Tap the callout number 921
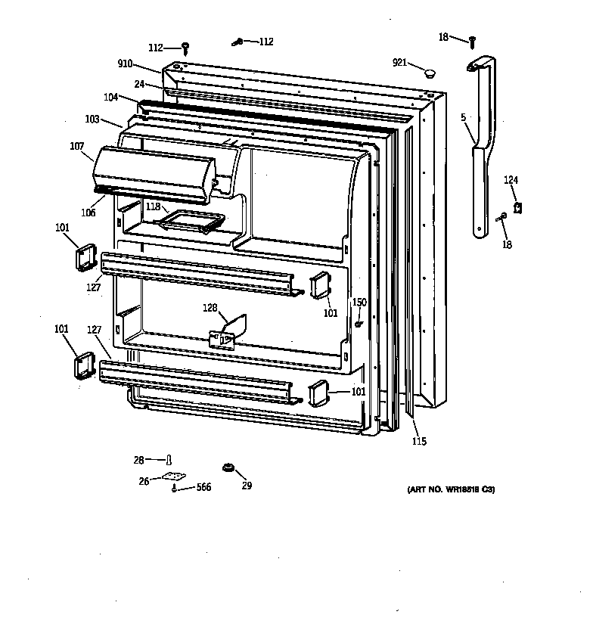pyautogui.click(x=400, y=63)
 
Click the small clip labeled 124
pyautogui.click(x=517, y=206)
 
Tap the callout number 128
pyautogui.click(x=210, y=308)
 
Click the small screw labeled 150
pyautogui.click(x=358, y=324)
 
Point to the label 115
pyautogui.click(x=418, y=442)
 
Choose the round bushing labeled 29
pyautogui.click(x=226, y=469)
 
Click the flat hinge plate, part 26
pyautogui.click(x=175, y=478)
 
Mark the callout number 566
pyautogui.click(x=203, y=488)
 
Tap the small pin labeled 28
pyautogui.click(x=170, y=460)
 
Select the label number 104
pyautogui.click(x=112, y=98)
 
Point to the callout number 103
pyautogui.click(x=92, y=119)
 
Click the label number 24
pyautogui.click(x=139, y=84)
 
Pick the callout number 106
pyautogui.click(x=88, y=213)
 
